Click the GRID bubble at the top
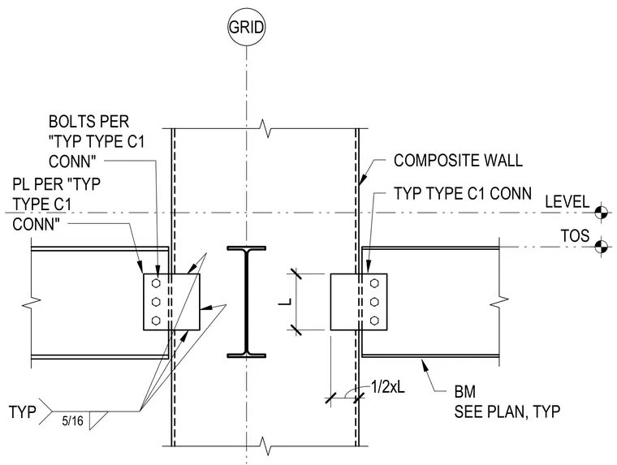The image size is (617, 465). tap(246, 27)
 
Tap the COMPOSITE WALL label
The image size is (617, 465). tap(458, 161)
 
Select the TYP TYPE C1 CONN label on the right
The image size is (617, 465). tap(463, 194)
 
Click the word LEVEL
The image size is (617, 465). tap(567, 202)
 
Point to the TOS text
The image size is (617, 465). tap(575, 235)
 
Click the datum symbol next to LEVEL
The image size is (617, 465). tap(601, 213)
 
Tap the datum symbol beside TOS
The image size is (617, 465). tap(601, 247)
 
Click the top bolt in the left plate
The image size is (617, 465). tap(156, 283)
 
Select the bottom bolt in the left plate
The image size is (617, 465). tap(156, 321)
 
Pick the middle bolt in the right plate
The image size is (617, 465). tap(374, 302)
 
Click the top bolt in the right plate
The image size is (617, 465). tap(374, 283)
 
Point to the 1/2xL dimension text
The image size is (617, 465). tap(388, 387)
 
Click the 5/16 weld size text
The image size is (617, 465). tap(73, 421)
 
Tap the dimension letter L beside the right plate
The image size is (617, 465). tap(285, 302)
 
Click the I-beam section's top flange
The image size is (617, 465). tap(246, 248)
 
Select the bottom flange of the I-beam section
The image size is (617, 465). tap(246, 355)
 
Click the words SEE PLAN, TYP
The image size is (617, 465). tap(507, 412)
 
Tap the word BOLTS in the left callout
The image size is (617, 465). tap(69, 121)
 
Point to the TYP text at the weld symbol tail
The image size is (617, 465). tap(23, 412)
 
